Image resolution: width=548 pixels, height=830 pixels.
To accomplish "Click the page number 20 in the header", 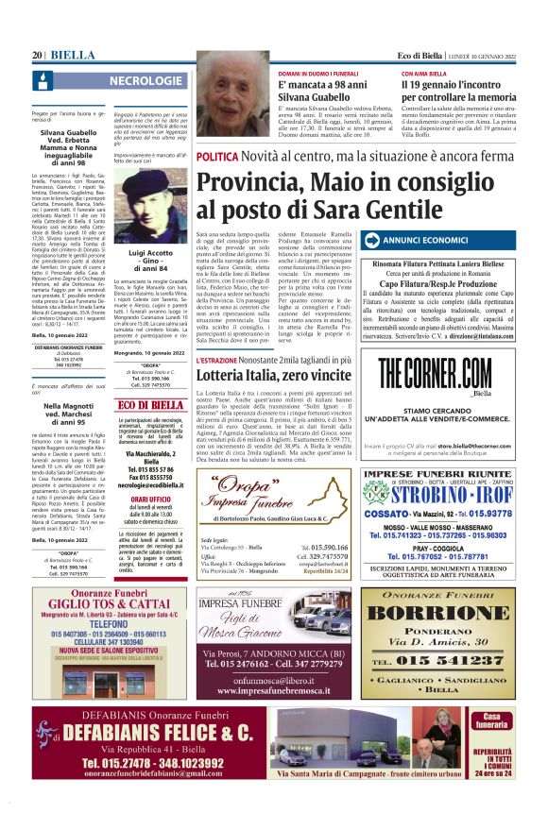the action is coord(38,56).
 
